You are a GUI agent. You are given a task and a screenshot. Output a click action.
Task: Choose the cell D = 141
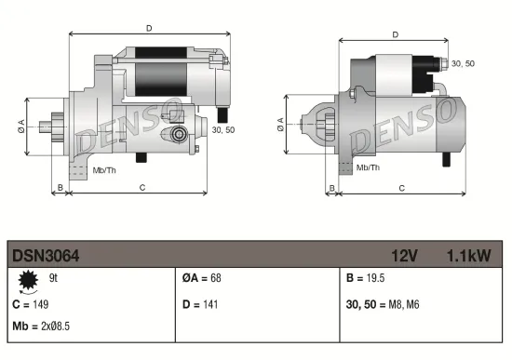[x=199, y=304]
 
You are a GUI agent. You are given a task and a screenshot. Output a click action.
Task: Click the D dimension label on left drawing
[x=149, y=28]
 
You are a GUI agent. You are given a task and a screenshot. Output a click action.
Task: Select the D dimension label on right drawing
[x=396, y=34]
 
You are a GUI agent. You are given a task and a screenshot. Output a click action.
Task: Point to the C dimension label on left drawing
[x=142, y=187]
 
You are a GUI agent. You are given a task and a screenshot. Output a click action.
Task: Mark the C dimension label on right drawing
[x=400, y=187]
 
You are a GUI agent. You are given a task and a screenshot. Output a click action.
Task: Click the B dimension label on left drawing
[x=61, y=187]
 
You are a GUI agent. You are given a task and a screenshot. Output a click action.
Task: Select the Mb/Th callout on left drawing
[x=103, y=171]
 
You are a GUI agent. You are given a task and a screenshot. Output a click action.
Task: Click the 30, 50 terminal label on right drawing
[x=462, y=63]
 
